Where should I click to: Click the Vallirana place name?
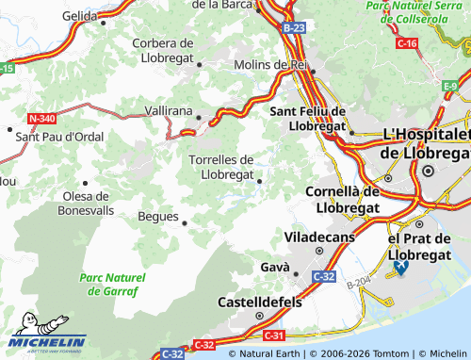pyautogui.click(x=169, y=110)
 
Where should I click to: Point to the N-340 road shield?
pyautogui.click(x=41, y=118)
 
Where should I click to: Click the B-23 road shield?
pyautogui.click(x=293, y=28)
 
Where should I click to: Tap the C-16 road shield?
pyautogui.click(x=407, y=43)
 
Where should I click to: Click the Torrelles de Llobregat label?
pyautogui.click(x=221, y=167)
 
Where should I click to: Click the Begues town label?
pyautogui.click(x=158, y=217)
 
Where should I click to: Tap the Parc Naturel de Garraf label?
pyautogui.click(x=113, y=285)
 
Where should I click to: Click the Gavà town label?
pyautogui.click(x=274, y=268)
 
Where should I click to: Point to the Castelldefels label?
pyautogui.click(x=260, y=303)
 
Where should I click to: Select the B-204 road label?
pyautogui.click(x=357, y=281)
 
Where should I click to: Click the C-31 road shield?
pyautogui.click(x=274, y=335)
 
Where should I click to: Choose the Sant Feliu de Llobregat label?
pyautogui.click(x=308, y=118)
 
